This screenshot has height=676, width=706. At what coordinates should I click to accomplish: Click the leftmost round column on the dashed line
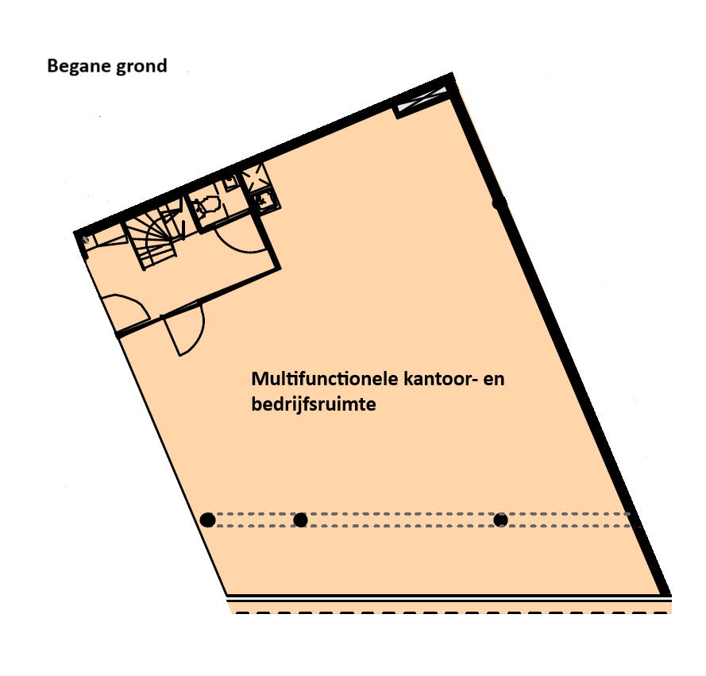point(207,520)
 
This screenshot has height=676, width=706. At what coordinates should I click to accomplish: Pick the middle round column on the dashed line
point(300,520)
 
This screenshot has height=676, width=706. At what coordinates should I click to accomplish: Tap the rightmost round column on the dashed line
point(500,520)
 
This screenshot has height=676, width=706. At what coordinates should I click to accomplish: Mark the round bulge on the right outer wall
point(499,203)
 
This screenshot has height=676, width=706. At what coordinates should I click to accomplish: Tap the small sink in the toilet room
point(230,183)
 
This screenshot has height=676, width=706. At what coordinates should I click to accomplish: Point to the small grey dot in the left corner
point(85,238)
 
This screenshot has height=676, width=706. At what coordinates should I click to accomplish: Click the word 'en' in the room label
point(494,379)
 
